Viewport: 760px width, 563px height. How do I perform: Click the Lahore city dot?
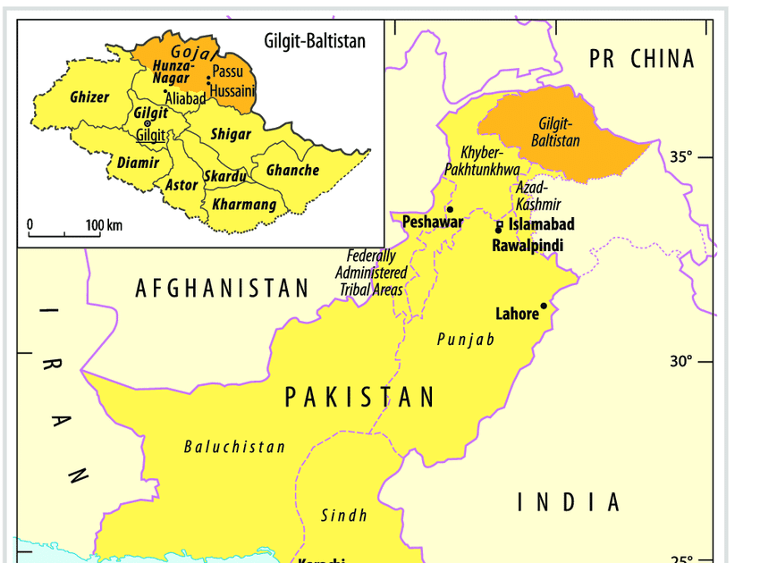pos(544,307)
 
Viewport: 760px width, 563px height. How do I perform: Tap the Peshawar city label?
pos(433,222)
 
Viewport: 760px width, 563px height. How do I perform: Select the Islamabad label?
pos(541,224)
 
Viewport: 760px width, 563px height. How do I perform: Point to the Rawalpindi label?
pos(528,244)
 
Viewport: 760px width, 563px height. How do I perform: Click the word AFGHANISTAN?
pos(223,288)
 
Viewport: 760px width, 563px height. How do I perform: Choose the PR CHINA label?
pos(641,59)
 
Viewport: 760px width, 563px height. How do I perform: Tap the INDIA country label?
pos(570,502)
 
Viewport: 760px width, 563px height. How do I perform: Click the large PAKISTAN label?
pos(359,397)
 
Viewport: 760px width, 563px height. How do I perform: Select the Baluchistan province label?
pos(234,447)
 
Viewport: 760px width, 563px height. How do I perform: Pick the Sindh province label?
pos(344,515)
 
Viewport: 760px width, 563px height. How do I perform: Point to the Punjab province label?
pos(465,340)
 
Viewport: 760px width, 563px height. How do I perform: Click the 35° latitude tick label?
pos(682,157)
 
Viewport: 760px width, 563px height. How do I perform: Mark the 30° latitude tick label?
pos(682,361)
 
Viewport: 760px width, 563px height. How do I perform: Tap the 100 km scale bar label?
pos(105,224)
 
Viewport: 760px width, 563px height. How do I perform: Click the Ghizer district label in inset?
pos(89,97)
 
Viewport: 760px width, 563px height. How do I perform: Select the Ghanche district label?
pos(292,170)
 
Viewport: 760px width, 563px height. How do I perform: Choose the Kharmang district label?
pos(244,205)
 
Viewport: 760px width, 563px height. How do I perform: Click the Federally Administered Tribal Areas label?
pos(371,273)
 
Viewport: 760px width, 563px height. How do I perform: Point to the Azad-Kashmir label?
pos(538,197)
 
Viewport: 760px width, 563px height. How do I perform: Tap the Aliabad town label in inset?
pos(185,99)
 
